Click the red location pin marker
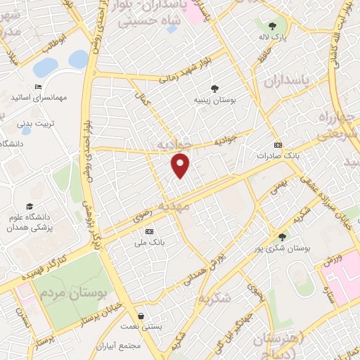coord(181,165)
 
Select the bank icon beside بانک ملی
coord(149,231)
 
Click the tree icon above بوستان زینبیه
coord(214,89)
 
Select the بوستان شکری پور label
coord(291,248)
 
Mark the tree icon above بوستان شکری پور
coord(283,237)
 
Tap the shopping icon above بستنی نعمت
coord(143,316)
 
